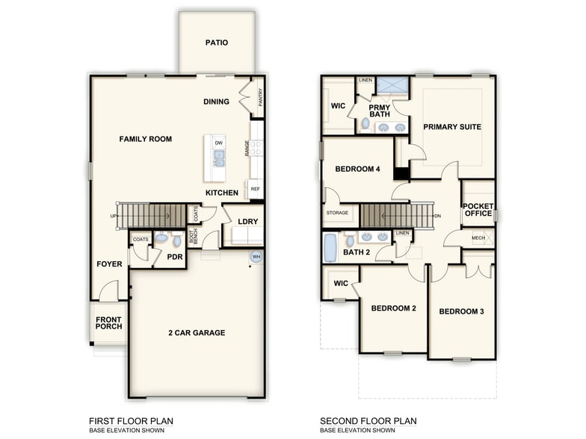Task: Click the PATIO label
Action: [216, 43]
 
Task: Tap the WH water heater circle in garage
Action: [256, 258]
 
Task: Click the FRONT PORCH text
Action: [108, 324]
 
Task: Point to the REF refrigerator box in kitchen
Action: [256, 190]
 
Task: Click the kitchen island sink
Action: [219, 158]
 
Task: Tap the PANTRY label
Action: [260, 98]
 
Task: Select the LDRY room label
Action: [248, 222]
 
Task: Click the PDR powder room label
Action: [175, 257]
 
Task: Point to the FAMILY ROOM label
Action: [145, 139]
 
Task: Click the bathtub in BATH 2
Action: [330, 248]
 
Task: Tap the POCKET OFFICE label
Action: [478, 210]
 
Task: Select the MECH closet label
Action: [478, 239]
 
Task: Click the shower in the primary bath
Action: [392, 84]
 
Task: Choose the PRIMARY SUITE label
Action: [451, 127]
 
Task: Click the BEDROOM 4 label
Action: [357, 169]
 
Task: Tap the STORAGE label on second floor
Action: [337, 214]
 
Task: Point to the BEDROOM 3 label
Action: [461, 311]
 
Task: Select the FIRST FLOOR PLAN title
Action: [131, 421]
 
